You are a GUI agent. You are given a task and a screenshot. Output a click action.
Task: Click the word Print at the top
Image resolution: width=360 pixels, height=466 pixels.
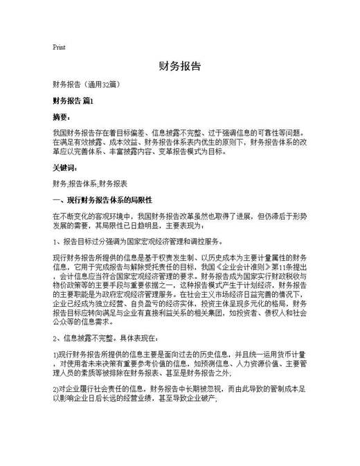tap(60, 47)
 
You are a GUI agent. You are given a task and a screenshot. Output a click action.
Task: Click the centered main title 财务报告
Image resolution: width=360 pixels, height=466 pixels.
tap(179, 66)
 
